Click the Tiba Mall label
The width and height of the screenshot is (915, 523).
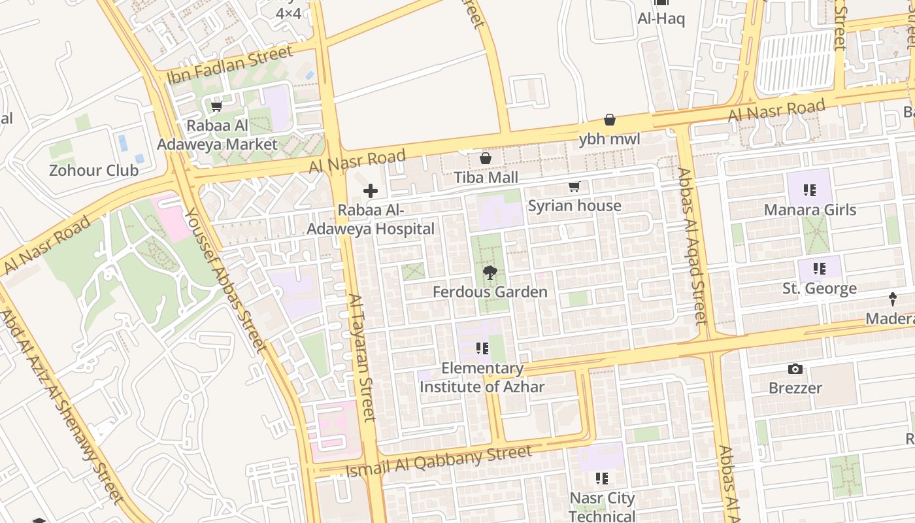tap(486, 177)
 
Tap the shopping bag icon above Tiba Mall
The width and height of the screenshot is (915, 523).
tap(486, 158)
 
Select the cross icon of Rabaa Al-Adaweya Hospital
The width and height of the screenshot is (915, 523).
tap(371, 191)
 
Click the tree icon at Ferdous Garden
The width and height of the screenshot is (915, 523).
tap(490, 273)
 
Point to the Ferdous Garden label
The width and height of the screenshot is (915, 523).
tap(490, 292)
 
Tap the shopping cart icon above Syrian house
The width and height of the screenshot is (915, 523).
tap(574, 187)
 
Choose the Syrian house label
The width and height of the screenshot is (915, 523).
tap(574, 206)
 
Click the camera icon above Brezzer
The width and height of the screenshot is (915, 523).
tap(795, 369)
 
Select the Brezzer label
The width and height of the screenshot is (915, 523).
tap(795, 388)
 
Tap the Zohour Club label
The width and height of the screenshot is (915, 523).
tap(93, 171)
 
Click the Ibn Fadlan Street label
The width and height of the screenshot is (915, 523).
tap(230, 65)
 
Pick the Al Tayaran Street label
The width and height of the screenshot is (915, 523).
tap(362, 357)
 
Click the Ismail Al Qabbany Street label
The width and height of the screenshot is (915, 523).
tap(439, 462)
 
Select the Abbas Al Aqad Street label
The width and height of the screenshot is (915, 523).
tap(692, 246)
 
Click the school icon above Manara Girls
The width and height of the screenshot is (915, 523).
tap(810, 190)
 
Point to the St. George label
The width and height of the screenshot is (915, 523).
tap(819, 288)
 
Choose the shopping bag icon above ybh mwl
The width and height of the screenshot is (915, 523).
tap(609, 120)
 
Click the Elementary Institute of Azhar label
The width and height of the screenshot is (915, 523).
tap(482, 377)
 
